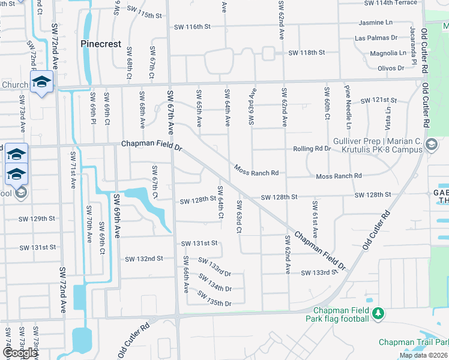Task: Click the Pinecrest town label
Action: (x=101, y=44)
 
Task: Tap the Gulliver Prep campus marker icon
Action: (x=431, y=145)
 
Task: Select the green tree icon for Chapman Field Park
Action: (x=378, y=313)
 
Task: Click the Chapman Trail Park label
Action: (x=414, y=342)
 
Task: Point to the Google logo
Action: (x=19, y=353)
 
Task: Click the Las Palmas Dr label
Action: (x=376, y=38)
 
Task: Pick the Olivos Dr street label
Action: (x=391, y=68)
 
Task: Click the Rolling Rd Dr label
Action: (x=312, y=148)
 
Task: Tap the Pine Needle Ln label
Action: (x=348, y=107)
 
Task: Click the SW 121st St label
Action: (x=378, y=100)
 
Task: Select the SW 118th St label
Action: (x=306, y=53)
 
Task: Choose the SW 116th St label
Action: (x=192, y=27)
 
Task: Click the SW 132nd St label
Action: (x=143, y=259)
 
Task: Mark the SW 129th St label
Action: (x=37, y=219)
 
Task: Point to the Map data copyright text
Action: (x=423, y=355)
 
